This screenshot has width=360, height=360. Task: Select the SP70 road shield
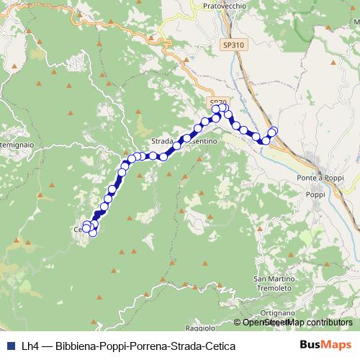coord(218,102)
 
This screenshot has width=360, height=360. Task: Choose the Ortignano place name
coord(276,312)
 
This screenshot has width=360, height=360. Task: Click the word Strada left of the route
coord(165,141)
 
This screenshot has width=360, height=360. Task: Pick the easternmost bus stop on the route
coord(273,130)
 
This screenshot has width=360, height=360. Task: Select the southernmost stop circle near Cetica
coord(92,233)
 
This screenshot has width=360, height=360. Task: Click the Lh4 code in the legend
coord(30,346)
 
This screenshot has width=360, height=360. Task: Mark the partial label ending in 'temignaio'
coord(16,145)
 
